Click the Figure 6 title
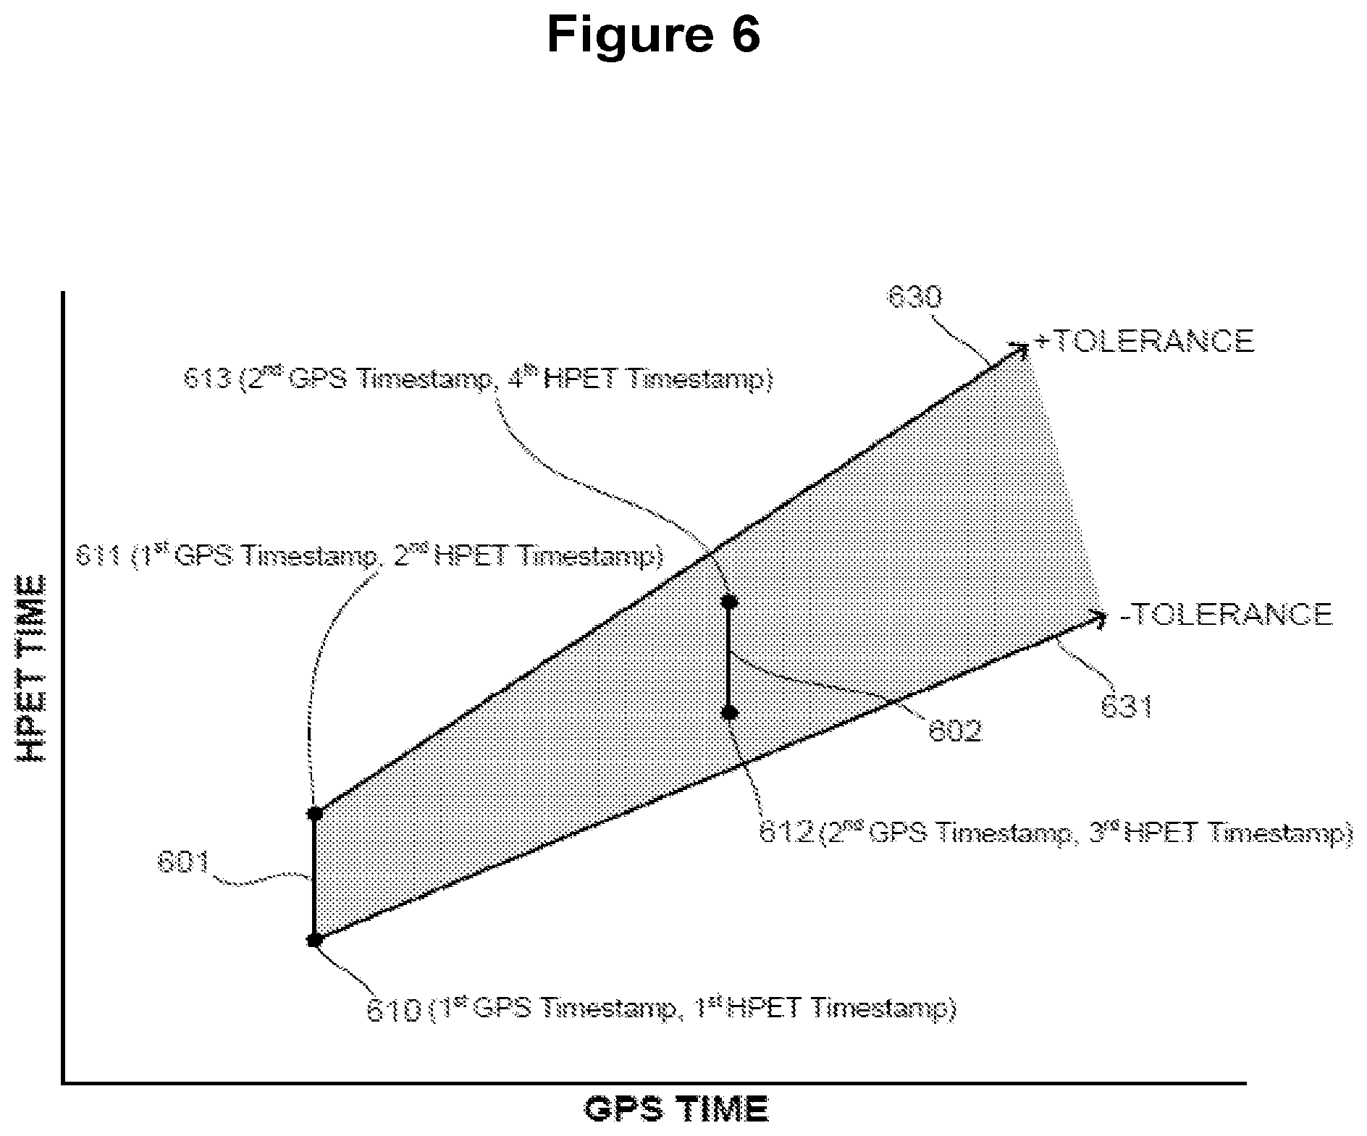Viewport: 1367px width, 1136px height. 653,34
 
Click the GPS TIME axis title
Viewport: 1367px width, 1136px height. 676,1108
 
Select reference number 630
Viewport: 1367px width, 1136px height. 914,298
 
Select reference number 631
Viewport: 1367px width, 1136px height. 1126,707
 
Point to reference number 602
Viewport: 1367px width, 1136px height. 955,731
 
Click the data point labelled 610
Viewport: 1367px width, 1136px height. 314,941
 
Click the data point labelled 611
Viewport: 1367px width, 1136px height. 314,813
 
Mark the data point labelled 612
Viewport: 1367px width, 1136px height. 730,713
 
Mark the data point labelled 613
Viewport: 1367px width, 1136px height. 730,601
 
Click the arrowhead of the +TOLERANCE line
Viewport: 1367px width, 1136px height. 1022,348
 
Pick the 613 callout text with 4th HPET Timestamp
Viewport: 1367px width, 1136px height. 478,379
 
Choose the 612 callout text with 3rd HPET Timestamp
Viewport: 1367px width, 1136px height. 1055,833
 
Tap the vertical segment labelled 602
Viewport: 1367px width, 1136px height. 730,657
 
